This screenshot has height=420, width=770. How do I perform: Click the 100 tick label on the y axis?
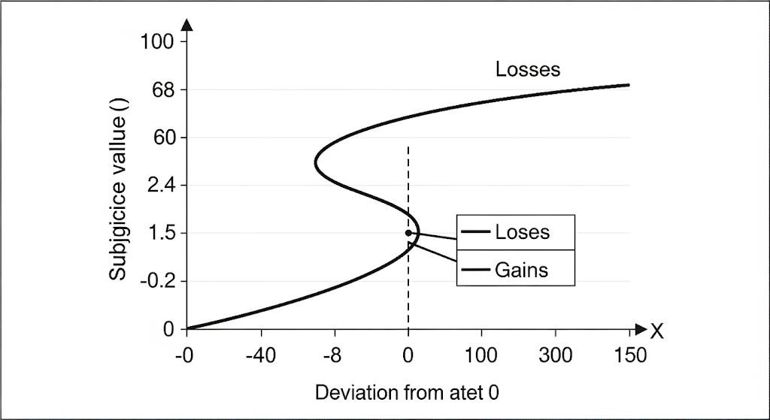pos(157,42)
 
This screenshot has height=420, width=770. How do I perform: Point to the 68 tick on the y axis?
pos(163,90)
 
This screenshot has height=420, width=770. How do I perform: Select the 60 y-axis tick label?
pos(163,137)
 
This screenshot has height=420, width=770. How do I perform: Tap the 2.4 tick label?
pos(160,186)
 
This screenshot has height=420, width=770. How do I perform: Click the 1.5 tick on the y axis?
pos(160,233)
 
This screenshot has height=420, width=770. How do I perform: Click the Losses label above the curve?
pos(528,69)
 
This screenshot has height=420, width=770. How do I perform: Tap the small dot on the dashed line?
pos(408,233)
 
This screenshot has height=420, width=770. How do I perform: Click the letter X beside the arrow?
pos(657,332)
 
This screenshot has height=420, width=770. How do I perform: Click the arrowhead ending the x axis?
pos(641,329)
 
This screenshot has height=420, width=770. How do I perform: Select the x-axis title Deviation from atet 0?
pos(408,392)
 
